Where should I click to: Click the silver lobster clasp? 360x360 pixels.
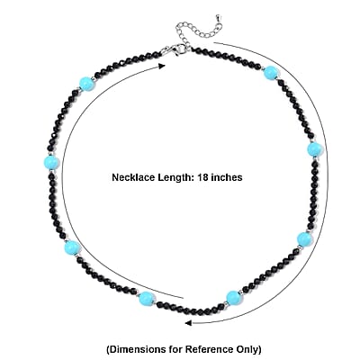pos(174,49)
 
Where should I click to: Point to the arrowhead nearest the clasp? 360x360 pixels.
pos(162,66)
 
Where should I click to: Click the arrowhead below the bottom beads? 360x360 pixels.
pos(188,323)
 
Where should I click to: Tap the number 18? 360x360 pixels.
pos(202,177)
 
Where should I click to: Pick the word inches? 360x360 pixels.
pos(227,177)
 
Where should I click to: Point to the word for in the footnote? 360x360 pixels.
pos(174,349)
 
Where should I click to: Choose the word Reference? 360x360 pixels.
pos(208,349)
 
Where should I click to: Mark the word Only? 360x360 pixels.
pos(247,350)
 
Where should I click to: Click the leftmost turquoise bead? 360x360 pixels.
pos(51,163)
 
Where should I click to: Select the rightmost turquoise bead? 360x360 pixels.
pos(315,149)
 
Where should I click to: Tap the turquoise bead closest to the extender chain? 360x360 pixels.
pos(271,73)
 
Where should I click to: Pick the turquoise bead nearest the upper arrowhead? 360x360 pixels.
pos(87,84)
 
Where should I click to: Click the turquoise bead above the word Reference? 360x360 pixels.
pos(234,298)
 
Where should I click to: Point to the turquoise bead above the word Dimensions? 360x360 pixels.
pos(147,299)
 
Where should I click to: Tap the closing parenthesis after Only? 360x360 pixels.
pos(259,350)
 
